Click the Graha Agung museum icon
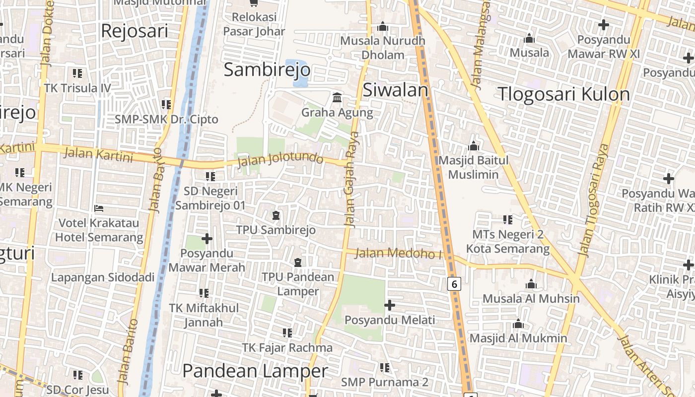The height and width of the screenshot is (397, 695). [x=338, y=97]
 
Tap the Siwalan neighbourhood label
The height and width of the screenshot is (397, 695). [x=395, y=90]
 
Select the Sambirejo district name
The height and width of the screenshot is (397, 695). [x=267, y=69]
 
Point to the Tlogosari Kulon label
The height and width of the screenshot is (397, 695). [x=563, y=94]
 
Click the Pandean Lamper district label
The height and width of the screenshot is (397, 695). [x=255, y=371]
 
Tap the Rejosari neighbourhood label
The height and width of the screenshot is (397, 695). [x=135, y=31]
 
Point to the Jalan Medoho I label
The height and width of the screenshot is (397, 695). [x=399, y=253]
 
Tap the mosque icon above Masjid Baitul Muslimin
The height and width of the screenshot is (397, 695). [x=474, y=146]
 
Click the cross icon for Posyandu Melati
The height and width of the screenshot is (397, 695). [x=390, y=305]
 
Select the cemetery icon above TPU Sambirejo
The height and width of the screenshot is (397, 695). [x=276, y=215]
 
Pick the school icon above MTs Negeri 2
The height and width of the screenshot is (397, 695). [x=507, y=219]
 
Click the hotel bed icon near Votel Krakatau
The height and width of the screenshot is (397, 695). [x=99, y=208]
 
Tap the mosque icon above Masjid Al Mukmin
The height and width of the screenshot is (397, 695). [x=518, y=324]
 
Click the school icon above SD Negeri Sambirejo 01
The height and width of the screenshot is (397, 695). [x=210, y=176]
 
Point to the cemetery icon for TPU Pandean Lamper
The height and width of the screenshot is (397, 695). [x=298, y=262]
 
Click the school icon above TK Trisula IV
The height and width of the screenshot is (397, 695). [x=77, y=73]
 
